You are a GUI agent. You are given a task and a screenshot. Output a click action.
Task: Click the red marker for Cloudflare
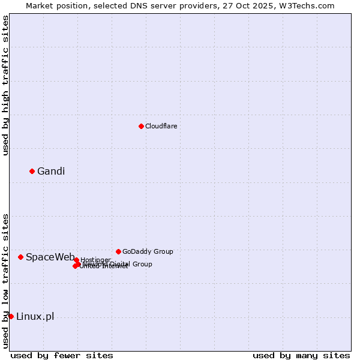(141, 126)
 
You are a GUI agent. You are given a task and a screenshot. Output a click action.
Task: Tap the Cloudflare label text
(161, 126)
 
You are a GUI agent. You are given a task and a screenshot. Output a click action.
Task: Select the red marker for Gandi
(32, 171)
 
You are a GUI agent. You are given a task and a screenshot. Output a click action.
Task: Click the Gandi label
(51, 172)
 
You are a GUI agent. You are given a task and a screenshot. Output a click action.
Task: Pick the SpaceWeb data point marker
(20, 257)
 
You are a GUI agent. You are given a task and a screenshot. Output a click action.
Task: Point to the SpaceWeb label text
(50, 257)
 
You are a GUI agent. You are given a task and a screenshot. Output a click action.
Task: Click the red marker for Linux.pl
(11, 316)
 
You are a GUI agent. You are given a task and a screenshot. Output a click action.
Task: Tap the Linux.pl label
(35, 317)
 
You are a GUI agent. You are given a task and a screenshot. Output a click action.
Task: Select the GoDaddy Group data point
(118, 251)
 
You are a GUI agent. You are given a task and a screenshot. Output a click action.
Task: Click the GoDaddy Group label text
(148, 251)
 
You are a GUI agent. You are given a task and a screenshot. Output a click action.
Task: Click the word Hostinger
(95, 260)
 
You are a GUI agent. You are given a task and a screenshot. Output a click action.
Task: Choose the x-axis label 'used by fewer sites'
(62, 355)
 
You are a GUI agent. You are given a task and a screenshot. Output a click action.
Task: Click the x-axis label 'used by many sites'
(301, 355)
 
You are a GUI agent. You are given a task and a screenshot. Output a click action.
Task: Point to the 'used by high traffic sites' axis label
(5, 85)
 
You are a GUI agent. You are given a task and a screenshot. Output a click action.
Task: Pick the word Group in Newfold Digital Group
(142, 264)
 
